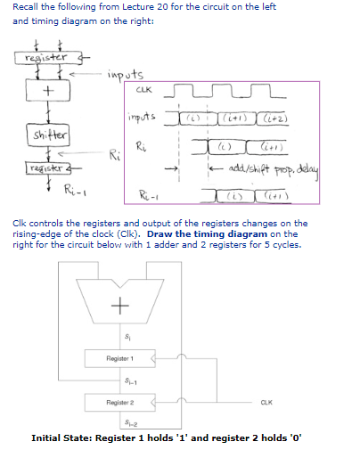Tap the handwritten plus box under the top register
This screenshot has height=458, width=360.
pos(37,92)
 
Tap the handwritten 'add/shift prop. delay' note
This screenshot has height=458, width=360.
pos(270,167)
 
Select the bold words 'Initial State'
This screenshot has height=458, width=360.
pos(61,438)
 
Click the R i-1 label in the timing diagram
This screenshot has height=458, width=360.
pos(150,192)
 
